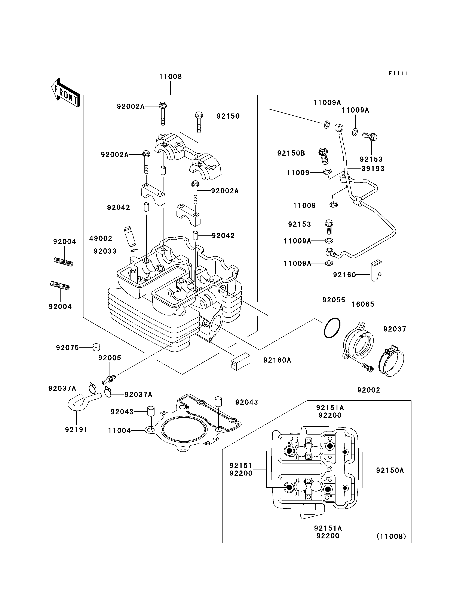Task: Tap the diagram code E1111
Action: point(398,73)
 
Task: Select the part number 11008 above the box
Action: point(171,77)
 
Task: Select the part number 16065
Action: point(363,304)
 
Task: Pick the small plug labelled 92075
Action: point(96,347)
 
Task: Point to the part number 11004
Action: point(119,431)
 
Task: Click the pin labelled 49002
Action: point(129,236)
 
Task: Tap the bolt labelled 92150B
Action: point(324,156)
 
